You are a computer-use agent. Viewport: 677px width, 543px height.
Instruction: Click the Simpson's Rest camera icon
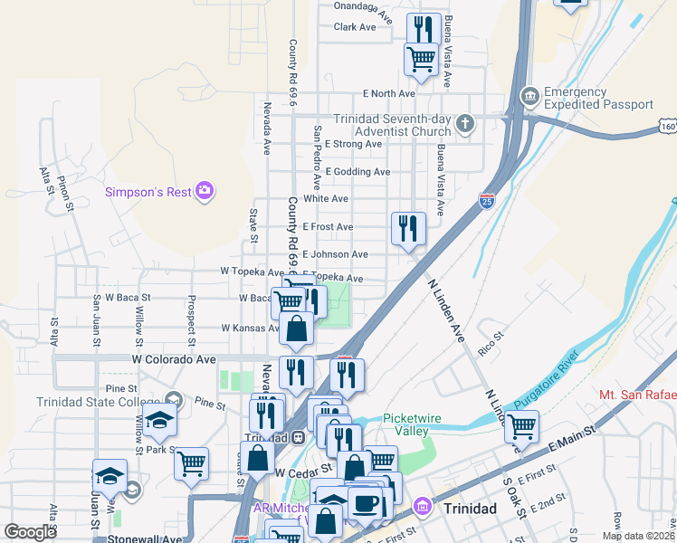[x=205, y=190]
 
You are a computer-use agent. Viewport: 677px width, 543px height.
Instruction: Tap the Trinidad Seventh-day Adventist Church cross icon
[x=466, y=123]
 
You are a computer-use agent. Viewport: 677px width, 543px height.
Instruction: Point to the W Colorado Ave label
[x=174, y=358]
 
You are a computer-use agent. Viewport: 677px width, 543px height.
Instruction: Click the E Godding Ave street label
[x=358, y=172]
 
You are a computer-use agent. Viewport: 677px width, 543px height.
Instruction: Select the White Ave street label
[x=326, y=199]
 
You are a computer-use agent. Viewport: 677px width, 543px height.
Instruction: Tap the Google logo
[x=31, y=532]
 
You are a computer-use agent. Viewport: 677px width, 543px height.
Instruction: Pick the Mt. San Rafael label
[x=637, y=395]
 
